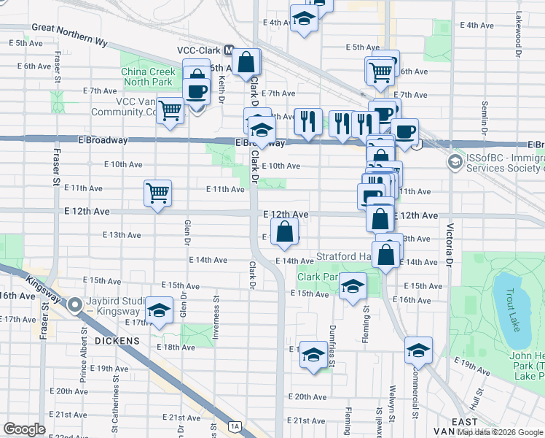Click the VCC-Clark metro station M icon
230,51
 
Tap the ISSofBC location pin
456,161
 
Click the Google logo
25,429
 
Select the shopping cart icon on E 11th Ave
157,193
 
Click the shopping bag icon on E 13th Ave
285,232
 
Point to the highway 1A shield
234,426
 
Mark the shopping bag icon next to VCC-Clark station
247,63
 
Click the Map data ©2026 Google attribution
499,432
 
